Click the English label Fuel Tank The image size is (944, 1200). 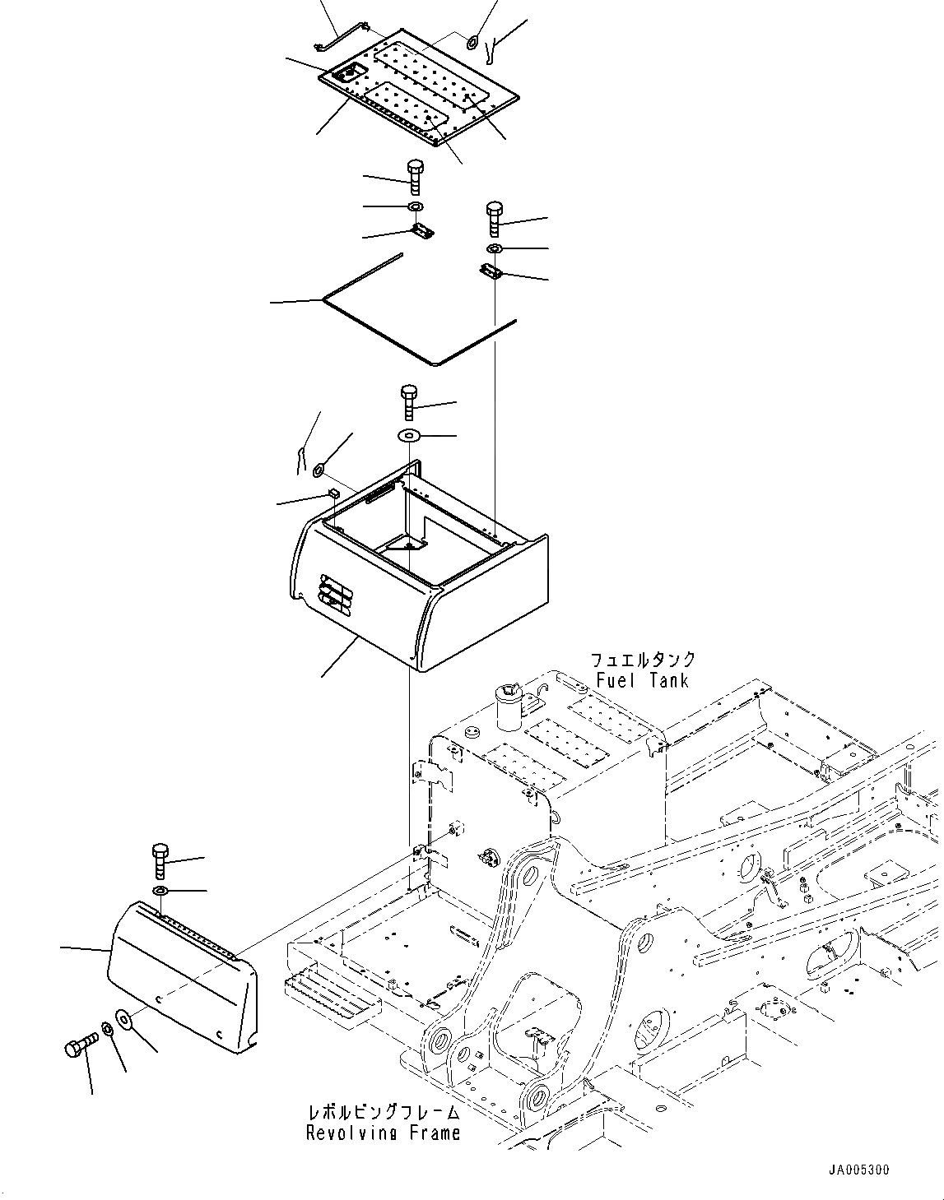tap(642, 680)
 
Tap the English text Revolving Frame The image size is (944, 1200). tap(383, 1133)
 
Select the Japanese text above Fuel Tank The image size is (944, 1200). tap(642, 660)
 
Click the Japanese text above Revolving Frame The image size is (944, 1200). tap(383, 1112)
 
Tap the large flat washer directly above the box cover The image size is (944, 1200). tap(410, 435)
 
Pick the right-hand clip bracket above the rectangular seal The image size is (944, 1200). tap(491, 271)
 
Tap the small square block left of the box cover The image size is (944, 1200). tap(333, 493)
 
